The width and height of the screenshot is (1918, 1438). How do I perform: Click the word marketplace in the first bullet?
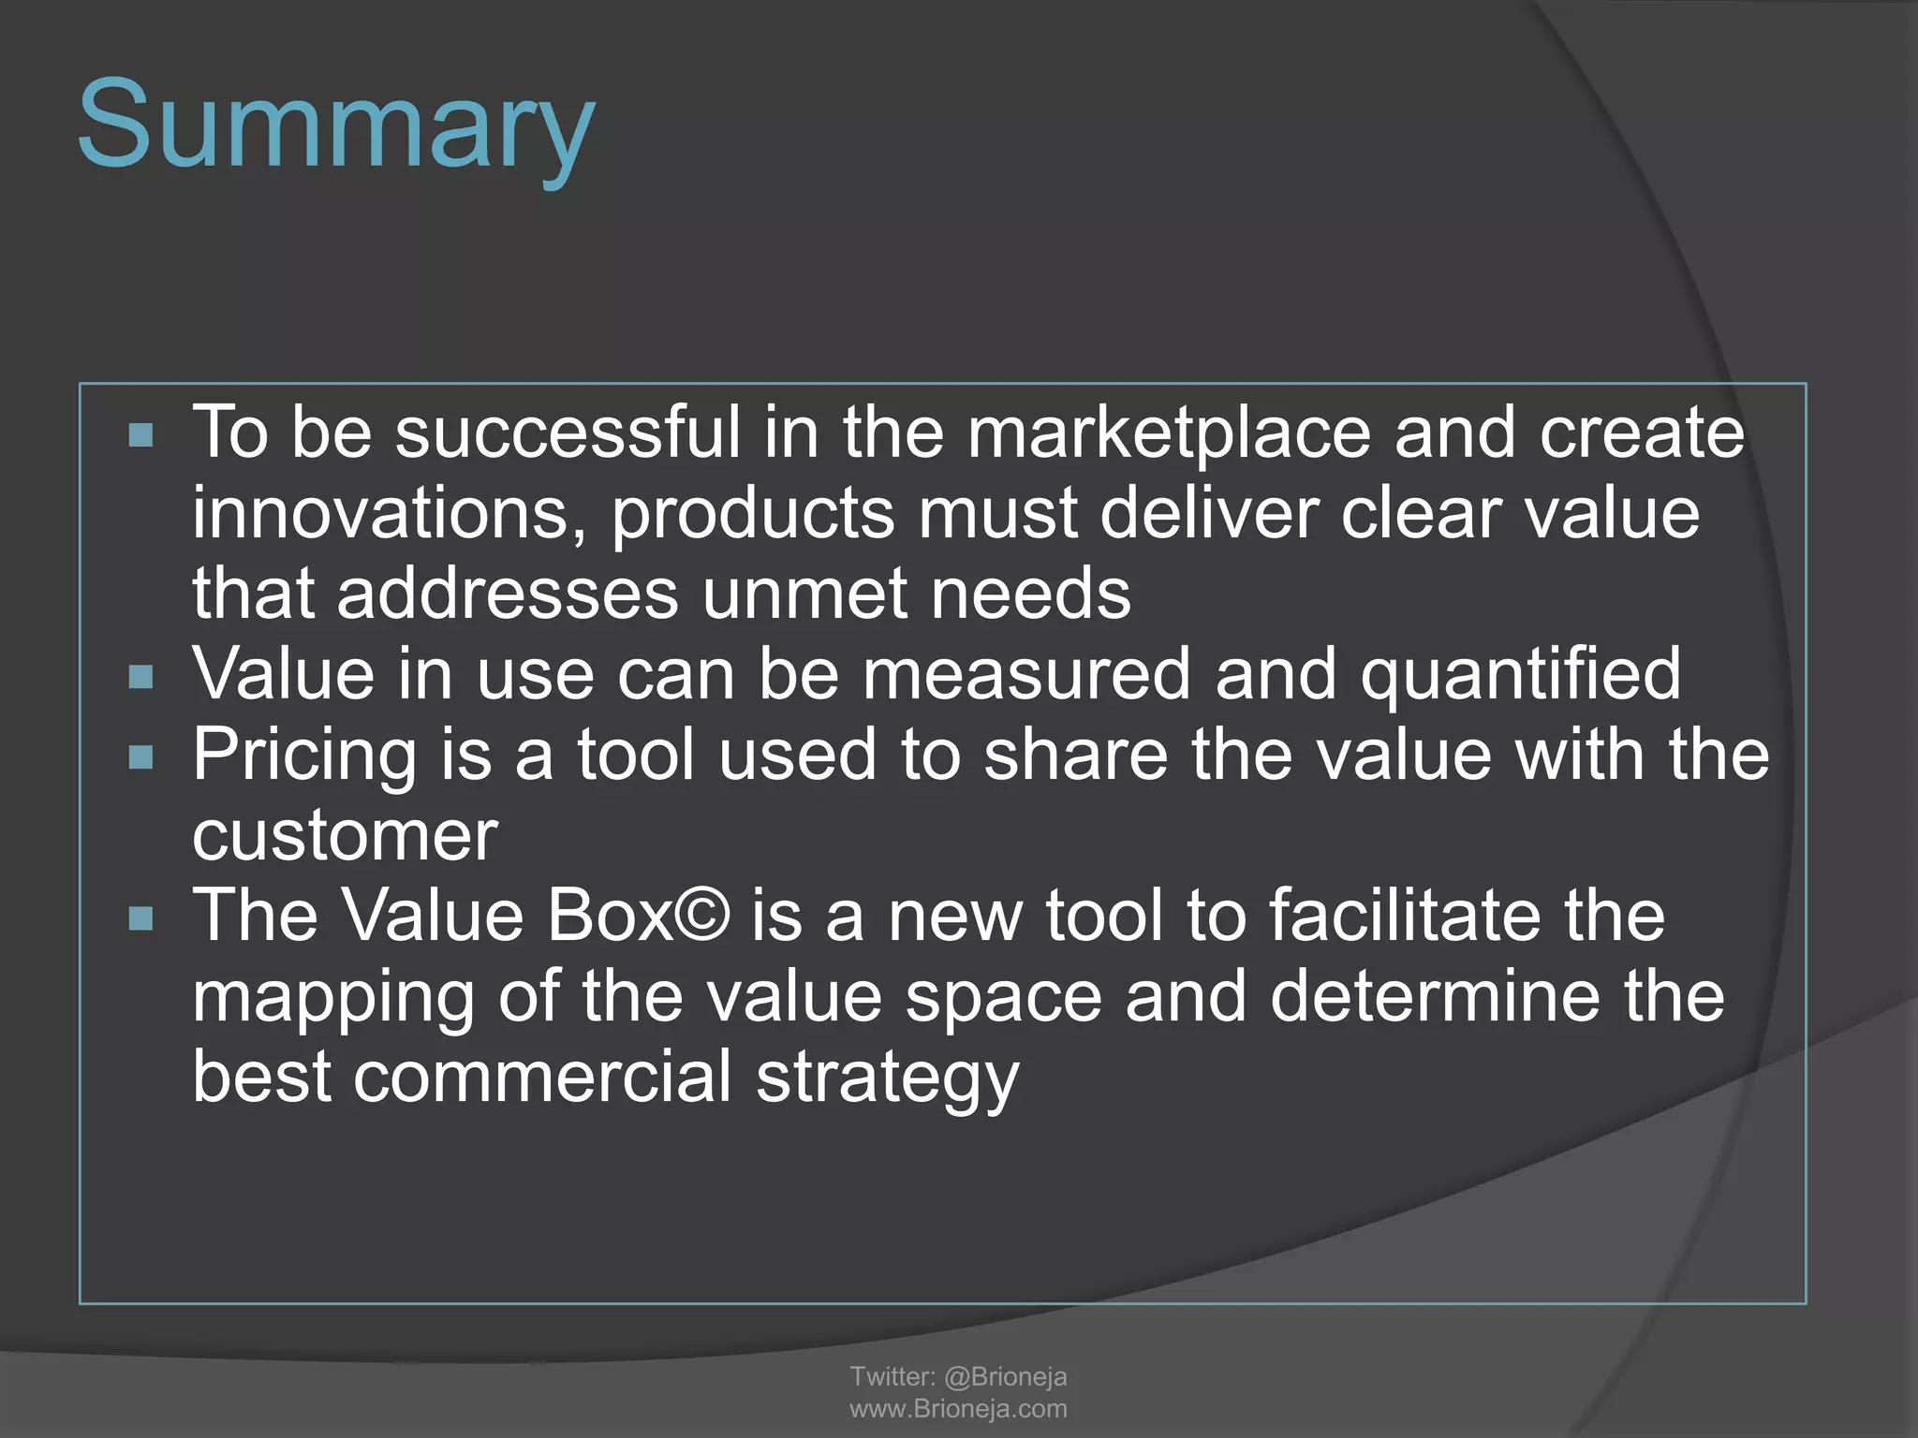click(1168, 433)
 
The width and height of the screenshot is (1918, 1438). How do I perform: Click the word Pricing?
click(304, 756)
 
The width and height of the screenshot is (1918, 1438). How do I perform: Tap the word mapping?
click(332, 997)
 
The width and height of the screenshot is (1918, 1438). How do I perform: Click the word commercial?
click(542, 1077)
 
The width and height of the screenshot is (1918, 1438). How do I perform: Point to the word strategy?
click(887, 1078)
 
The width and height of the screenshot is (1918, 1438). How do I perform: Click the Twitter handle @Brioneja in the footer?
click(1005, 1376)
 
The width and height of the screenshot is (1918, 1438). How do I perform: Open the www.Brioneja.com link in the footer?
click(958, 1409)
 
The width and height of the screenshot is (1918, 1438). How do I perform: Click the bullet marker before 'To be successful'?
click(140, 435)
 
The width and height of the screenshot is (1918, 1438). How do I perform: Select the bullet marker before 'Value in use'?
click(140, 676)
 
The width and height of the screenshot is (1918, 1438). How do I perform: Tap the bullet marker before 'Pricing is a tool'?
click(140, 756)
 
